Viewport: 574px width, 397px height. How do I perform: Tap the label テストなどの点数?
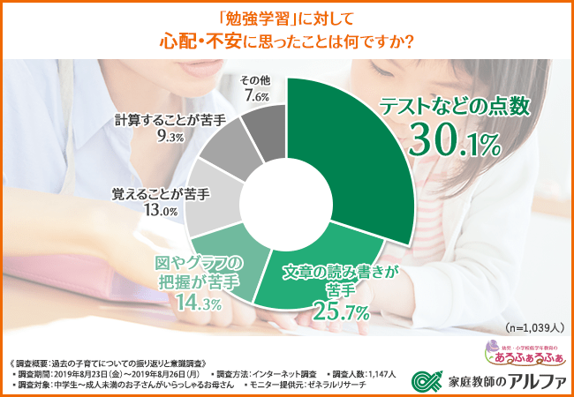coord(454,106)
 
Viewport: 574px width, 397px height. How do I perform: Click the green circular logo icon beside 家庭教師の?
coord(427,380)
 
